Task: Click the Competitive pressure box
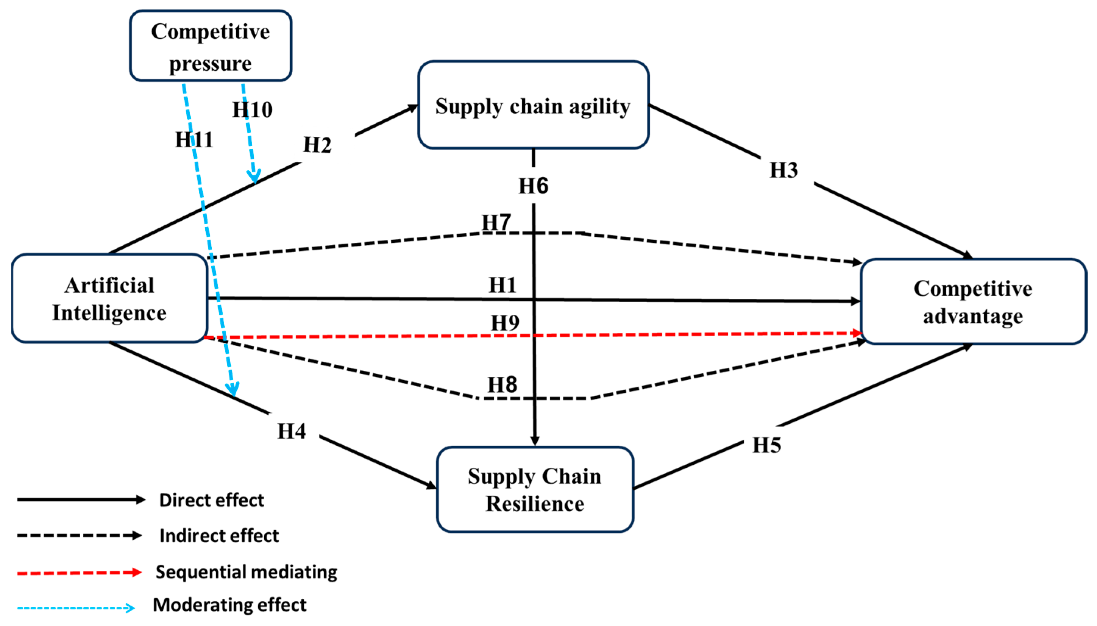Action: click(211, 45)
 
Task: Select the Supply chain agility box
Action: click(533, 105)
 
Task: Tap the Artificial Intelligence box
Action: click(109, 298)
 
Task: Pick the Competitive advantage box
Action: click(973, 301)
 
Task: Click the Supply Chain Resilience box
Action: click(535, 489)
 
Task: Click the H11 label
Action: click(194, 139)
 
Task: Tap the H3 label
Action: click(783, 169)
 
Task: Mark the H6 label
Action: click(534, 186)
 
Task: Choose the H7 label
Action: click(496, 222)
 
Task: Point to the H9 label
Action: click(505, 322)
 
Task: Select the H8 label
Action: click(502, 384)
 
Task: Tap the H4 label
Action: click(292, 431)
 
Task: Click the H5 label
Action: click(767, 445)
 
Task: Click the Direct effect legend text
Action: click(212, 500)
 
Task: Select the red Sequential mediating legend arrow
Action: click(80, 572)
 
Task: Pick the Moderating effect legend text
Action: click(229, 604)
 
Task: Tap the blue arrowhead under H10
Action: click(254, 177)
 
